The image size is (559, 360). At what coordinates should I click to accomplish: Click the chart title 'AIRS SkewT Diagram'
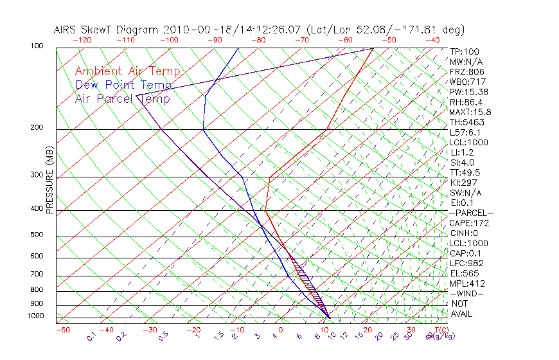(107, 30)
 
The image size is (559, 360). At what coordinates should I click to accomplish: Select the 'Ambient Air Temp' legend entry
(127, 72)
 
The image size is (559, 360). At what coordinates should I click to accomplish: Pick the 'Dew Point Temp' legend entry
(123, 85)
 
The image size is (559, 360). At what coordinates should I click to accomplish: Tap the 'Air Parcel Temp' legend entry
(122, 99)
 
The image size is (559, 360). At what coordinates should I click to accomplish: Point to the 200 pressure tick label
(37, 127)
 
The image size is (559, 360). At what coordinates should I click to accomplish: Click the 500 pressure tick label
(37, 235)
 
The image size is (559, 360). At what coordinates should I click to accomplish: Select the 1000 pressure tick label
(35, 316)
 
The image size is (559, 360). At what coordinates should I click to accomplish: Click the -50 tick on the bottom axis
(62, 330)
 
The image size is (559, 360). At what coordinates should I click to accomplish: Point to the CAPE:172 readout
(469, 223)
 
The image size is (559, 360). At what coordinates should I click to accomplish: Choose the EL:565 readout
(465, 273)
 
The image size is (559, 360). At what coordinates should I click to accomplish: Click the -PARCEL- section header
(471, 213)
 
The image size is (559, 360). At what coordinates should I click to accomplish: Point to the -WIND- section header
(467, 293)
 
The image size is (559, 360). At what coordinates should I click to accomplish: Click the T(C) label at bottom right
(438, 330)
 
